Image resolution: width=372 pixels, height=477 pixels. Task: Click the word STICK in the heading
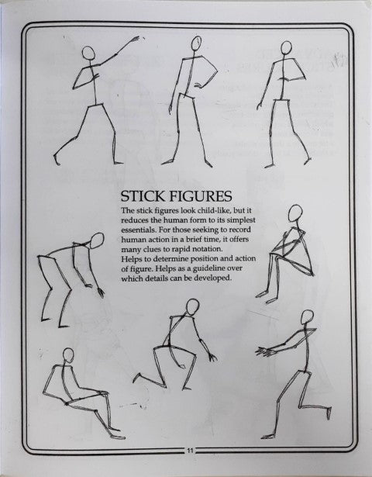click(143, 196)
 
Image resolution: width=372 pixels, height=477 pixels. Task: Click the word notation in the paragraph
click(208, 249)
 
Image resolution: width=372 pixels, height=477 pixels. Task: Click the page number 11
click(190, 451)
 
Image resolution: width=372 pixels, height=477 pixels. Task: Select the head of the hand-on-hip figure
click(196, 43)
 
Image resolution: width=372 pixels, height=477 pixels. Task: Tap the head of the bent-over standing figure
click(97, 240)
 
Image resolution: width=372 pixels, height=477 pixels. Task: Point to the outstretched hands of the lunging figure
click(263, 351)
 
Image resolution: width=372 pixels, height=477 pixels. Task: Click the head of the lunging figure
click(307, 317)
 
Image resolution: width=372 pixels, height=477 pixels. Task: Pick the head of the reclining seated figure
click(68, 356)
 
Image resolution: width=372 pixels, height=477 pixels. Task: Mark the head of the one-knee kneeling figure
click(192, 307)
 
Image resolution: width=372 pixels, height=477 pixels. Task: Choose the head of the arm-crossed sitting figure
click(295, 213)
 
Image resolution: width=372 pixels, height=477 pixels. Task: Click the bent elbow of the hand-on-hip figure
click(217, 72)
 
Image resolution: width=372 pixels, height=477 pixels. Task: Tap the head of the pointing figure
click(88, 53)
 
